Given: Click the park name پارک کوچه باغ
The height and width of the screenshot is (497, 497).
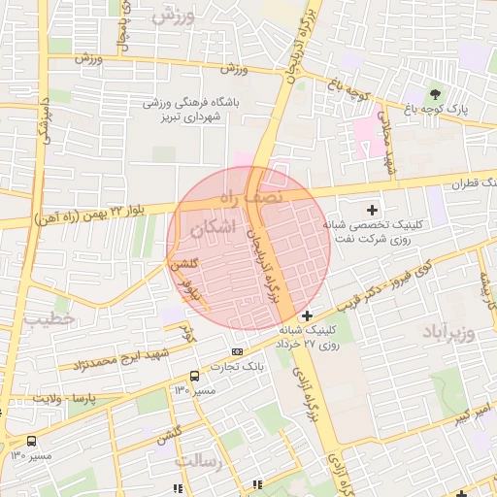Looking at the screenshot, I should point(464,110).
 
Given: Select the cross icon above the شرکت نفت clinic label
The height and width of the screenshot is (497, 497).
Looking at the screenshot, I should point(372,210).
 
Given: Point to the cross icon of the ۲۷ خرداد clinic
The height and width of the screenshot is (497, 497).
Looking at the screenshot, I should point(308,315).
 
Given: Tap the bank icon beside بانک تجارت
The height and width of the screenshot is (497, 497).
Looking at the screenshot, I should point(237,350).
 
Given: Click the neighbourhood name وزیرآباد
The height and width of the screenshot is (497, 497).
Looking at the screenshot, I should point(447,335).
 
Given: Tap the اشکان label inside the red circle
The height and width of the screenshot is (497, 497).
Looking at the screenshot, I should point(214,229).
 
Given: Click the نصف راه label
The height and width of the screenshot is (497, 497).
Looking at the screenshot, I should point(248,197).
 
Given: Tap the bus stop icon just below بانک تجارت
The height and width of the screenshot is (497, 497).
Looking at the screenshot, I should point(194,376).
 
